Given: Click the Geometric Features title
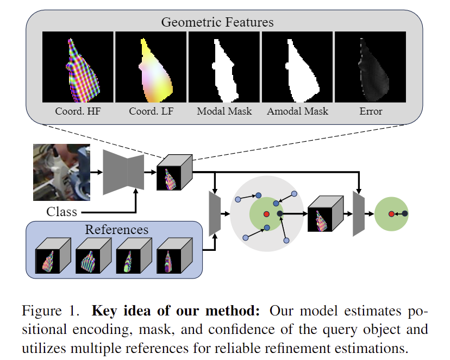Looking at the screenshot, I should [x=217, y=22].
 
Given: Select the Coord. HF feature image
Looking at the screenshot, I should [x=78, y=66].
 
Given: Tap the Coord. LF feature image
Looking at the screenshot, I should [x=151, y=66].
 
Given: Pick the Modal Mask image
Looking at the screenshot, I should [x=224, y=66].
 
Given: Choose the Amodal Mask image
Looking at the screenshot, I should [x=297, y=66].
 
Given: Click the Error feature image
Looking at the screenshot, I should [x=370, y=66].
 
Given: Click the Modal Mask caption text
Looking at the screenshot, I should [x=224, y=111].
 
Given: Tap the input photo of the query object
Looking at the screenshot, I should [x=60, y=172].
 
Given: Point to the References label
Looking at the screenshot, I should [x=116, y=229].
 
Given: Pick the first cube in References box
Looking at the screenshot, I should [x=53, y=255].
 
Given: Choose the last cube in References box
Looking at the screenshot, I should [x=173, y=255].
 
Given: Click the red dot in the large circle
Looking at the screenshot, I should [x=266, y=214].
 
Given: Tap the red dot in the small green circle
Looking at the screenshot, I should [x=391, y=214].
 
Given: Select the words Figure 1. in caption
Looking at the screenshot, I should [x=51, y=312].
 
